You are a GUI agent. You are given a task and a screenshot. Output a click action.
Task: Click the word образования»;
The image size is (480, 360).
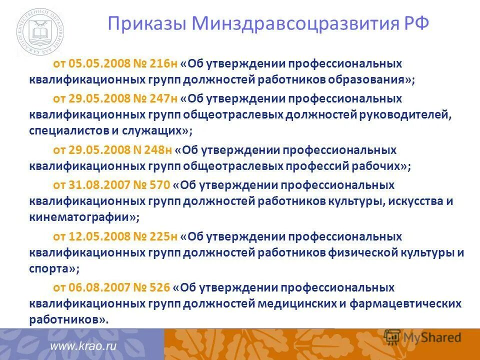[368, 79]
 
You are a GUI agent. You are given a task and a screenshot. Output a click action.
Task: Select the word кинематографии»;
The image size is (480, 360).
[84, 217]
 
